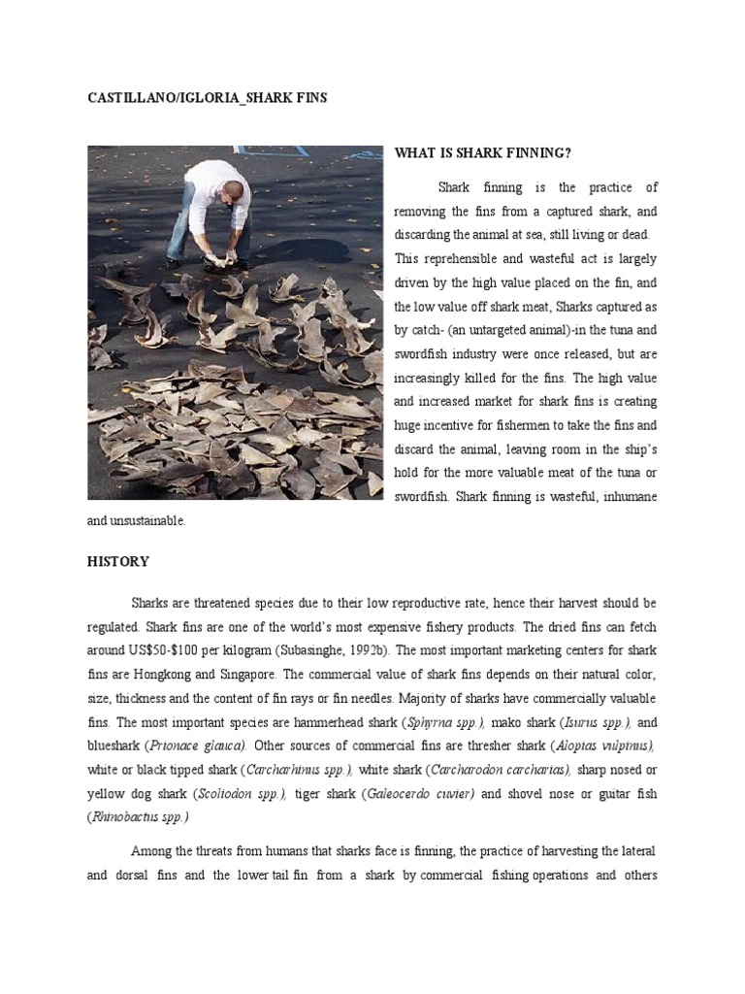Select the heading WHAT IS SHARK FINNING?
point(482,154)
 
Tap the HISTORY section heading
point(118,561)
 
